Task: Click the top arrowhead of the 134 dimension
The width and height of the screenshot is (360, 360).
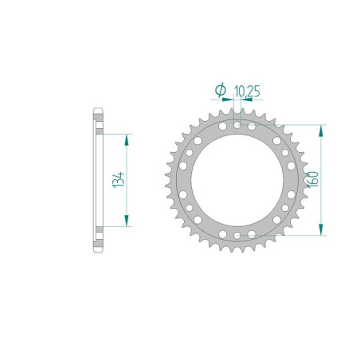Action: (x=126, y=136)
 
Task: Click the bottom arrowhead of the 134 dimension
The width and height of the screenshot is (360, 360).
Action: (x=126, y=222)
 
